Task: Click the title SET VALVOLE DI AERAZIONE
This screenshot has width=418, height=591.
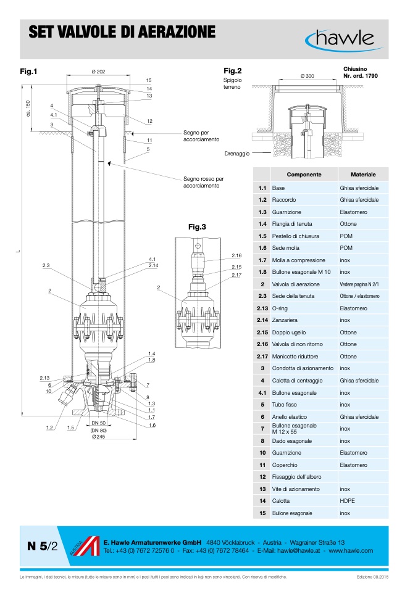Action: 122,33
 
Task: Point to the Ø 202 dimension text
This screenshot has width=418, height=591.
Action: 98,72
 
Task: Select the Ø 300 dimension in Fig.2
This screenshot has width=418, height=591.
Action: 307,75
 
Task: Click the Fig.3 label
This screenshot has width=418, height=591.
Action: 197,227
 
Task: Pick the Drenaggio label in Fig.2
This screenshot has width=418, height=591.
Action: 237,153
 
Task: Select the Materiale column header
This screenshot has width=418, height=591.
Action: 363,175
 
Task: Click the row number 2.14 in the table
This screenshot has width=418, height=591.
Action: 262,320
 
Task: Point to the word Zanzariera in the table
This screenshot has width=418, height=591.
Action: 285,320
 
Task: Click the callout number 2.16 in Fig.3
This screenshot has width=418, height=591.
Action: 236,255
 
